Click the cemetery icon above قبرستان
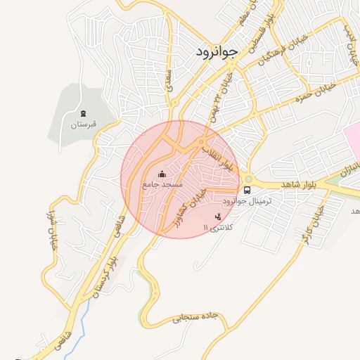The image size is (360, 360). [x=83, y=113]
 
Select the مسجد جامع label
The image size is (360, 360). [x=162, y=184]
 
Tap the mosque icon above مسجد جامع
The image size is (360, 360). [x=162, y=173]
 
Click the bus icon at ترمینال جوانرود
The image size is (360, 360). [x=247, y=190]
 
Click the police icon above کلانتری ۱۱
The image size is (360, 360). [x=218, y=217]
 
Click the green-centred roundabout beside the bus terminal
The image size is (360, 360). [x=247, y=178]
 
